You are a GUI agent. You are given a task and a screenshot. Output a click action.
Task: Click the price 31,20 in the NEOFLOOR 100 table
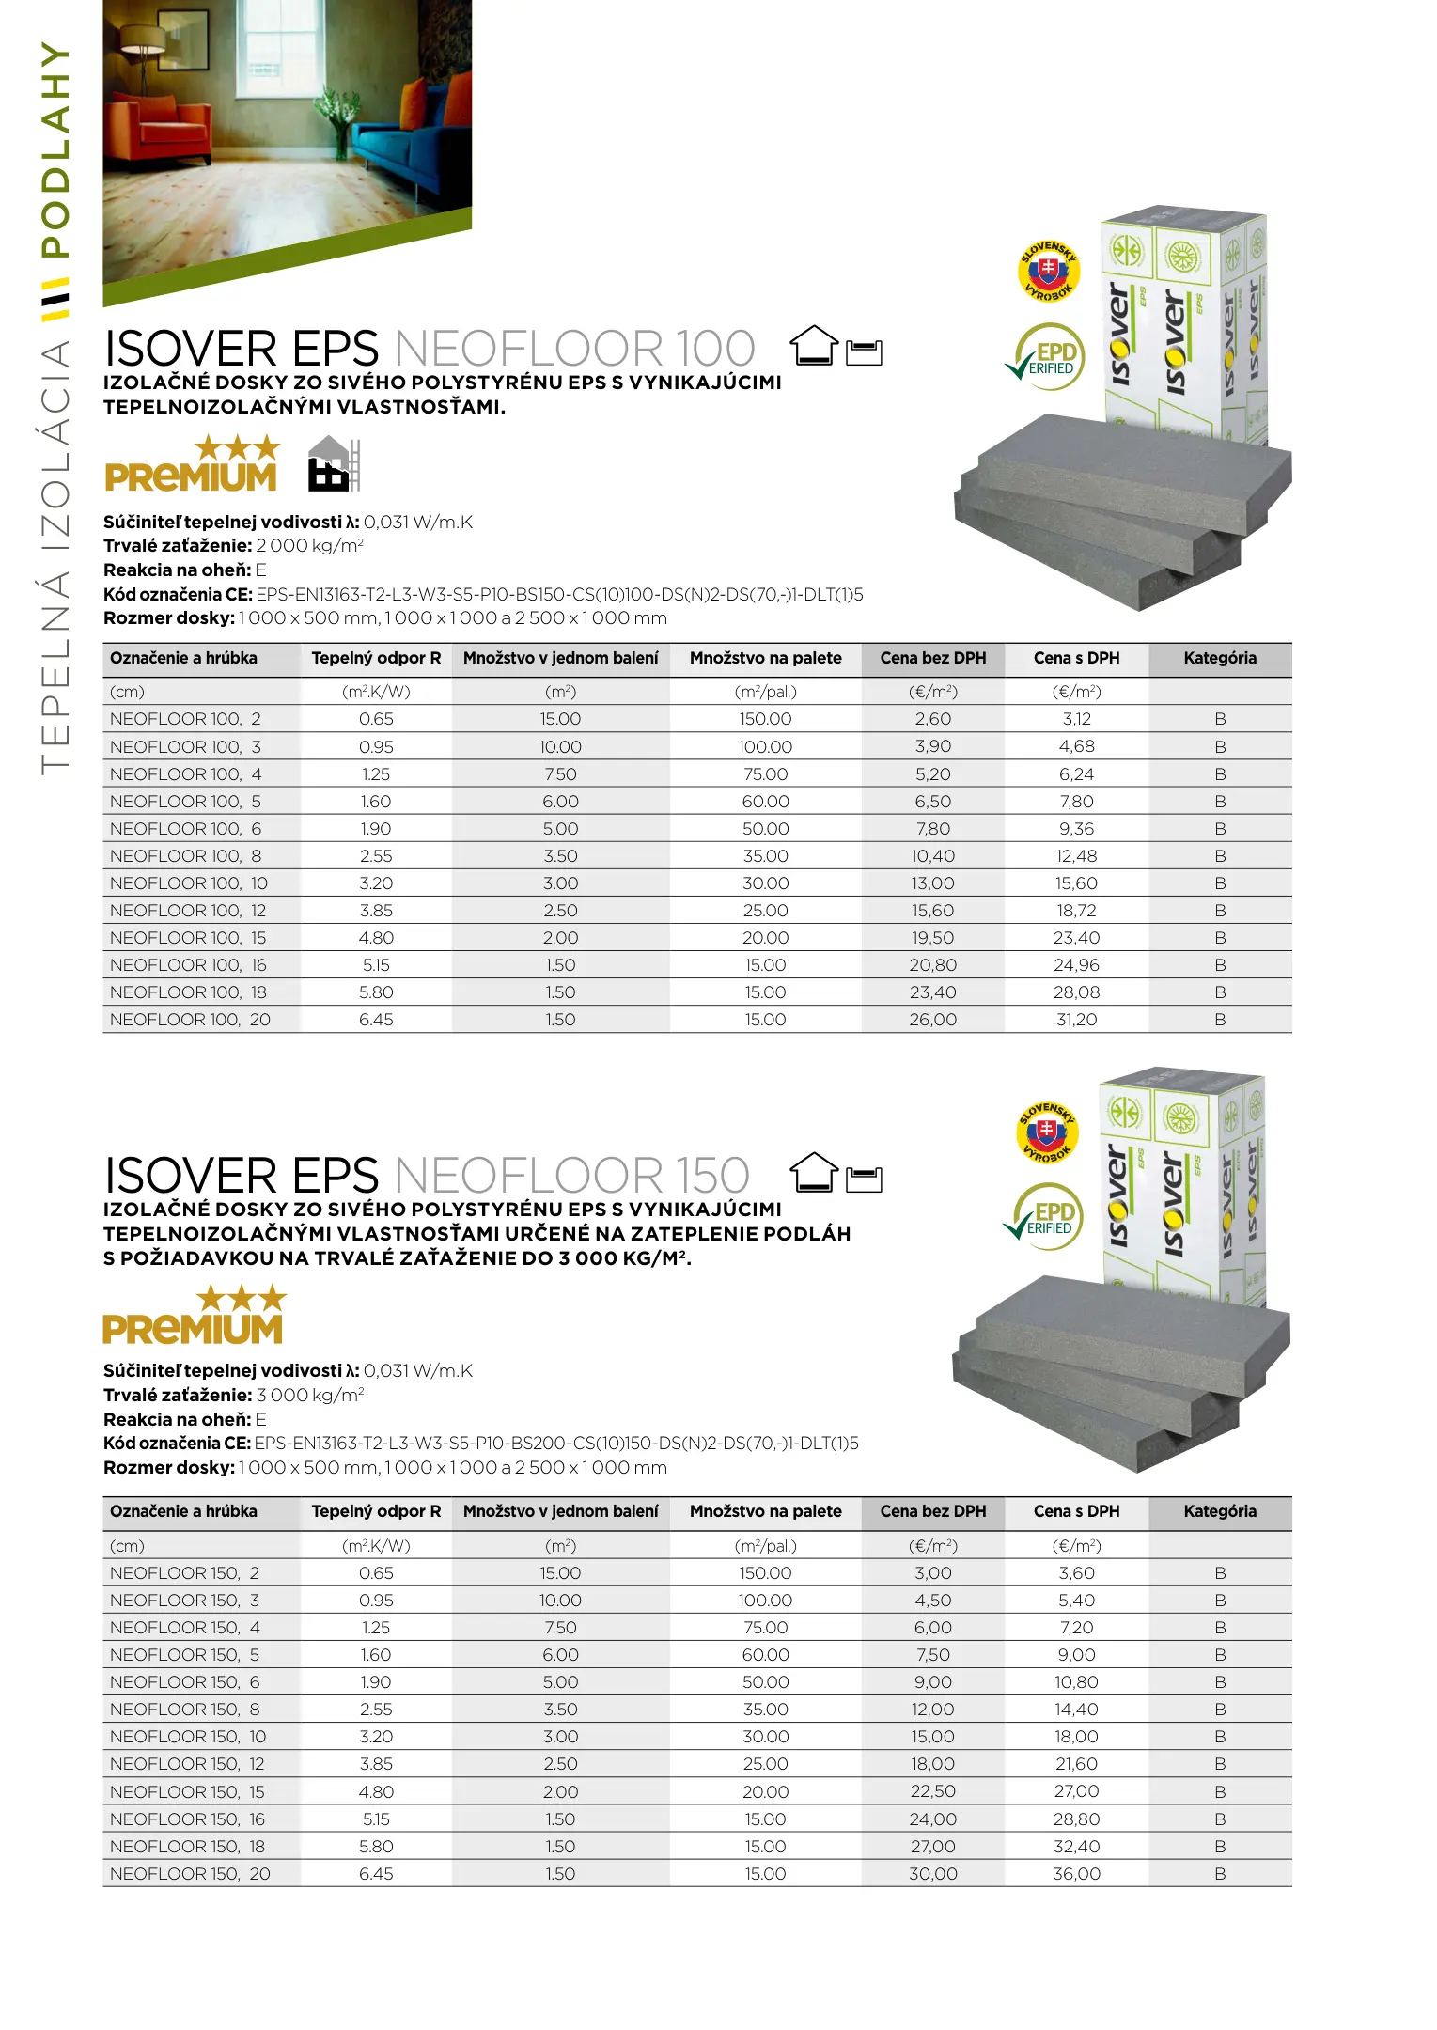(x=1076, y=1020)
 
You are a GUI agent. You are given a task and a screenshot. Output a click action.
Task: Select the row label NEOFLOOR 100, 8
(x=185, y=856)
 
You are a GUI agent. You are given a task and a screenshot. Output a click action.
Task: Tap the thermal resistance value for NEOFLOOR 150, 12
(x=376, y=1764)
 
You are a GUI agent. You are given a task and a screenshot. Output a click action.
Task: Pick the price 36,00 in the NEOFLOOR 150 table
(x=1076, y=1874)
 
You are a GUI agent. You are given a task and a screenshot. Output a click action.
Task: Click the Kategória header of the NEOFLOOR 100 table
(x=1219, y=658)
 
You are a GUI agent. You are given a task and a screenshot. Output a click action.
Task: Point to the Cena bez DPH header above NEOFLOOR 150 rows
(x=932, y=1511)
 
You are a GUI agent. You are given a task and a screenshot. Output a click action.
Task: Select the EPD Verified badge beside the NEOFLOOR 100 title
(x=1047, y=357)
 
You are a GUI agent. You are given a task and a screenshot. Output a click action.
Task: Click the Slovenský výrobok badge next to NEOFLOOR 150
(x=1047, y=1132)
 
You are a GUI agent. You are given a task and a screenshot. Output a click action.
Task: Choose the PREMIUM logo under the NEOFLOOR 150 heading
(x=194, y=1316)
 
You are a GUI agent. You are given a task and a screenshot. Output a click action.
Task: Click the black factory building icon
(x=331, y=464)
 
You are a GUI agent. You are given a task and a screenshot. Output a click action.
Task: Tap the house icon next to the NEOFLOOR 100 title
(x=813, y=346)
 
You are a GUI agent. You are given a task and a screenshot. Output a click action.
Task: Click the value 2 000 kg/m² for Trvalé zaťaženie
(x=309, y=546)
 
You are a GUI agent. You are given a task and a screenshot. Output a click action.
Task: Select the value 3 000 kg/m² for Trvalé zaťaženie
(x=309, y=1396)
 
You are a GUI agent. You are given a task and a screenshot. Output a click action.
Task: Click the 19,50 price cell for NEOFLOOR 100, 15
(x=932, y=938)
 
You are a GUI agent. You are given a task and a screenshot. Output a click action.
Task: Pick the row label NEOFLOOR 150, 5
(x=184, y=1655)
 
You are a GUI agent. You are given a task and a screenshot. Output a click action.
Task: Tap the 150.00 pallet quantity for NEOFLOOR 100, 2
(x=765, y=719)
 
